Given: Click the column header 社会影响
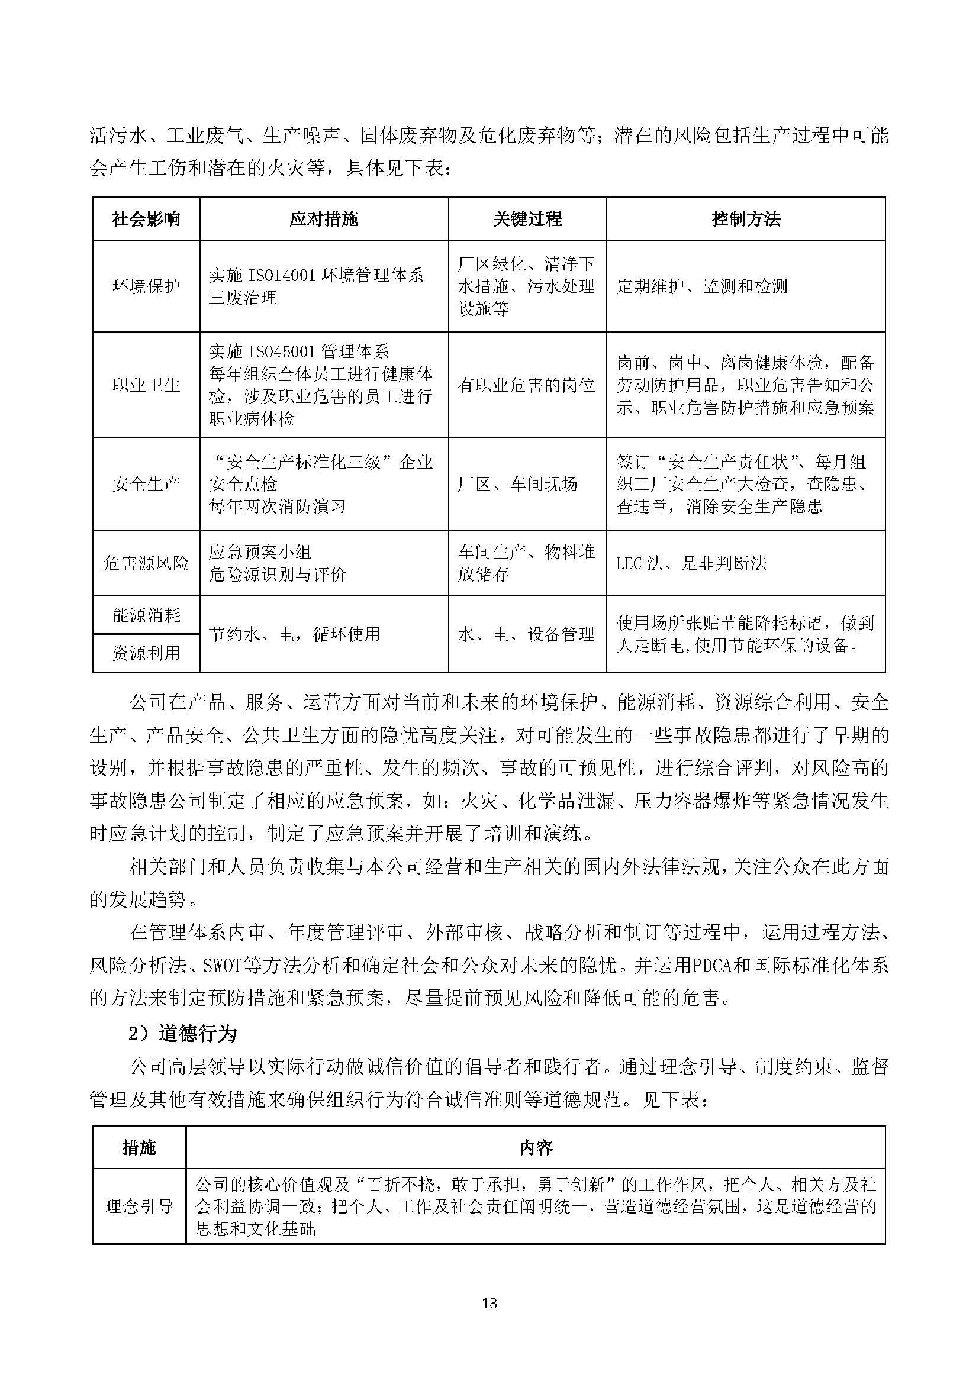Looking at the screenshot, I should coord(146,219).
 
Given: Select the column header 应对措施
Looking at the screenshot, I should coord(324,219).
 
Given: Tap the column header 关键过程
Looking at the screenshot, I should coord(527,219).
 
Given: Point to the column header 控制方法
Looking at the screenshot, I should coord(746,219).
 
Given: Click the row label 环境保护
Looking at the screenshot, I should coord(146,286).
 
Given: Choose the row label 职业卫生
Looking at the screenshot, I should coord(146,385).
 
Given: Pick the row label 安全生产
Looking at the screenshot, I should coord(146,483).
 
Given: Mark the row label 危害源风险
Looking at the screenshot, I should coord(146,563).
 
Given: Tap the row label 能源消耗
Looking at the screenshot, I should coord(146,615).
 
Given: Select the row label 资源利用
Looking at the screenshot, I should coord(146,653).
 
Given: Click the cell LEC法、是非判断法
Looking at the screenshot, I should coord(691,563).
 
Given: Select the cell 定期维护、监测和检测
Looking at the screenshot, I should coord(702,286).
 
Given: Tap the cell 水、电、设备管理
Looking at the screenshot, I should coord(526,634).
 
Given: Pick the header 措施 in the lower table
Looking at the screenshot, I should coord(139,1148).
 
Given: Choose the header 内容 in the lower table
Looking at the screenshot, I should coord(535,1148).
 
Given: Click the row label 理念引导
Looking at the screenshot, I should coord(139,1206).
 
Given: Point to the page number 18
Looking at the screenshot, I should coord(489,1303).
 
